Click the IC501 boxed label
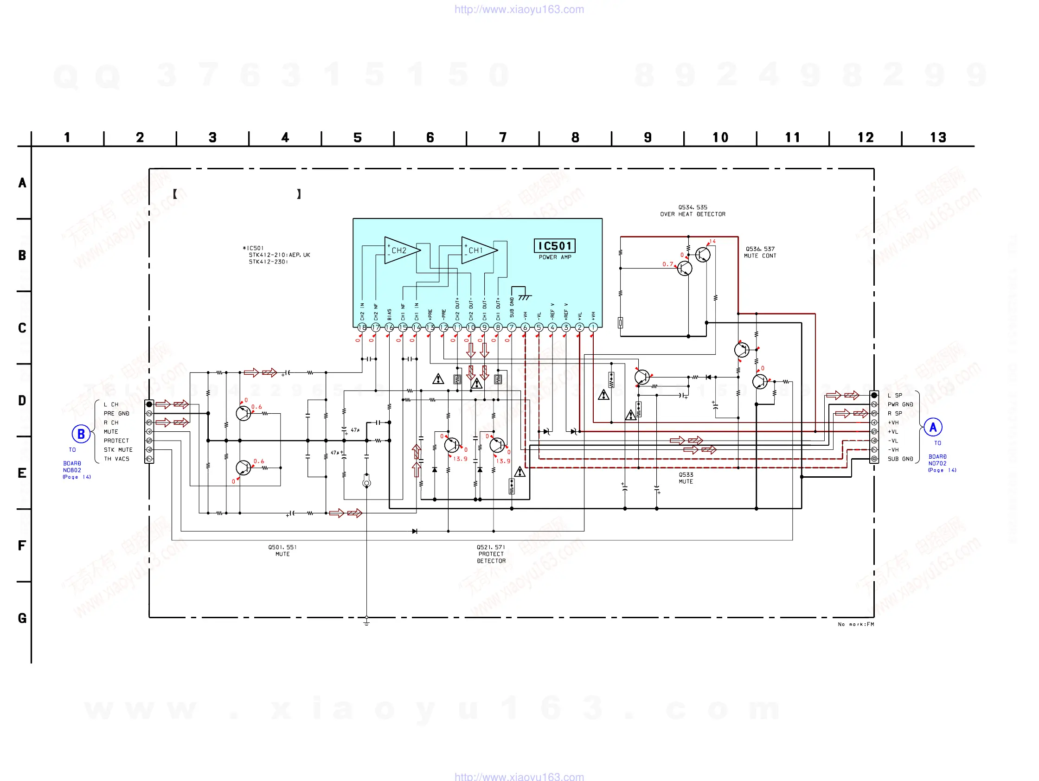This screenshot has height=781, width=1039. pyautogui.click(x=554, y=246)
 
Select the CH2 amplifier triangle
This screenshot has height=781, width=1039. pyautogui.click(x=401, y=250)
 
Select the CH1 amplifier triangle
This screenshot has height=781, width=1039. pyautogui.click(x=478, y=250)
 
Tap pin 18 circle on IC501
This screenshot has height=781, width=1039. pyautogui.click(x=362, y=327)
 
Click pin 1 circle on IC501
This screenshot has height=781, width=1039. pyautogui.click(x=593, y=327)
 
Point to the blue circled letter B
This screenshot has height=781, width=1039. pyautogui.click(x=81, y=434)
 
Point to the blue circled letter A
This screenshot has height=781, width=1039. pyautogui.click(x=933, y=427)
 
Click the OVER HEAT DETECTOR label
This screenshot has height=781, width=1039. pyautogui.click(x=693, y=214)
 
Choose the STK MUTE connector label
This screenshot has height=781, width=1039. pyautogui.click(x=118, y=450)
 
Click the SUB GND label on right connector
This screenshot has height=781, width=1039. pyautogui.click(x=900, y=459)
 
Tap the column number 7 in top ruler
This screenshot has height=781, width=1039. pyautogui.click(x=503, y=138)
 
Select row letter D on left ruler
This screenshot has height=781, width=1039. pyautogui.click(x=22, y=401)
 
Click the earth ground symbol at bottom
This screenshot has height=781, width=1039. pyautogui.click(x=366, y=623)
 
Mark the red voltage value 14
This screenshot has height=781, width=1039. pyautogui.click(x=712, y=241)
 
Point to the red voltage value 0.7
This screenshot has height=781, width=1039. pyautogui.click(x=667, y=264)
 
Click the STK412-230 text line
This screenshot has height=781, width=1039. pyautogui.click(x=268, y=262)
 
